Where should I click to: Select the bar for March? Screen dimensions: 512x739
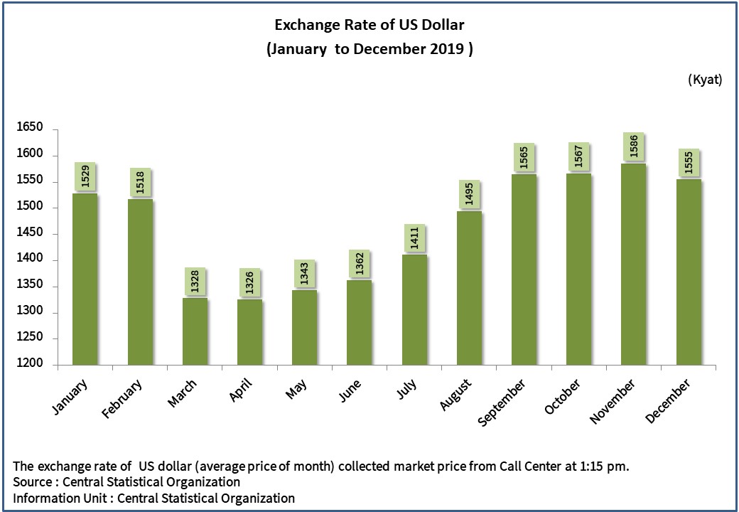[195, 331]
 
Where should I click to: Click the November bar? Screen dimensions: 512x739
[634, 265]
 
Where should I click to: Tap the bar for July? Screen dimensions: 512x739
[415, 310]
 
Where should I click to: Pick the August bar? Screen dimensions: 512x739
[470, 288]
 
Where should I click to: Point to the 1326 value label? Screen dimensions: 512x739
[249, 284]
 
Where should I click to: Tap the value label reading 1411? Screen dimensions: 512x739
[415, 239]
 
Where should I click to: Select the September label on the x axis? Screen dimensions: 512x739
[502, 402]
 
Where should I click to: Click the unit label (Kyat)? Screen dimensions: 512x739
[704, 80]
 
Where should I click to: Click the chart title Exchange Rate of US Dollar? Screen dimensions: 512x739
[369, 26]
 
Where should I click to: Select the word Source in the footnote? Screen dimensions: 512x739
[32, 482]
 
